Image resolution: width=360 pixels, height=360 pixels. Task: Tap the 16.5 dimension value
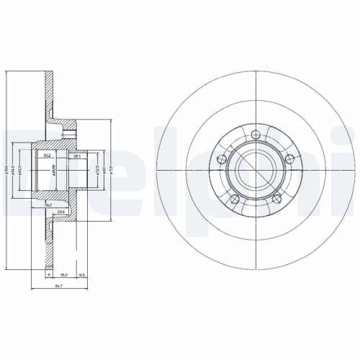84,274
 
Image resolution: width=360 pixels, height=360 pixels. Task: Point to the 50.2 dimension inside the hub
47,154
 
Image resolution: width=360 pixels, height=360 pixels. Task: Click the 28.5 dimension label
77,155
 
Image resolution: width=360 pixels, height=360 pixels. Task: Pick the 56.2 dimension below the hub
48,205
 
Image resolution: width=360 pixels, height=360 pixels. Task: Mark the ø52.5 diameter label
96,171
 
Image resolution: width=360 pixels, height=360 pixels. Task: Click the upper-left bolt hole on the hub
221,160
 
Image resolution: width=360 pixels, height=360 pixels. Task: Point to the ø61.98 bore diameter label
55,171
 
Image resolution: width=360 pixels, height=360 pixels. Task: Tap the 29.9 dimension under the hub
63,211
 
